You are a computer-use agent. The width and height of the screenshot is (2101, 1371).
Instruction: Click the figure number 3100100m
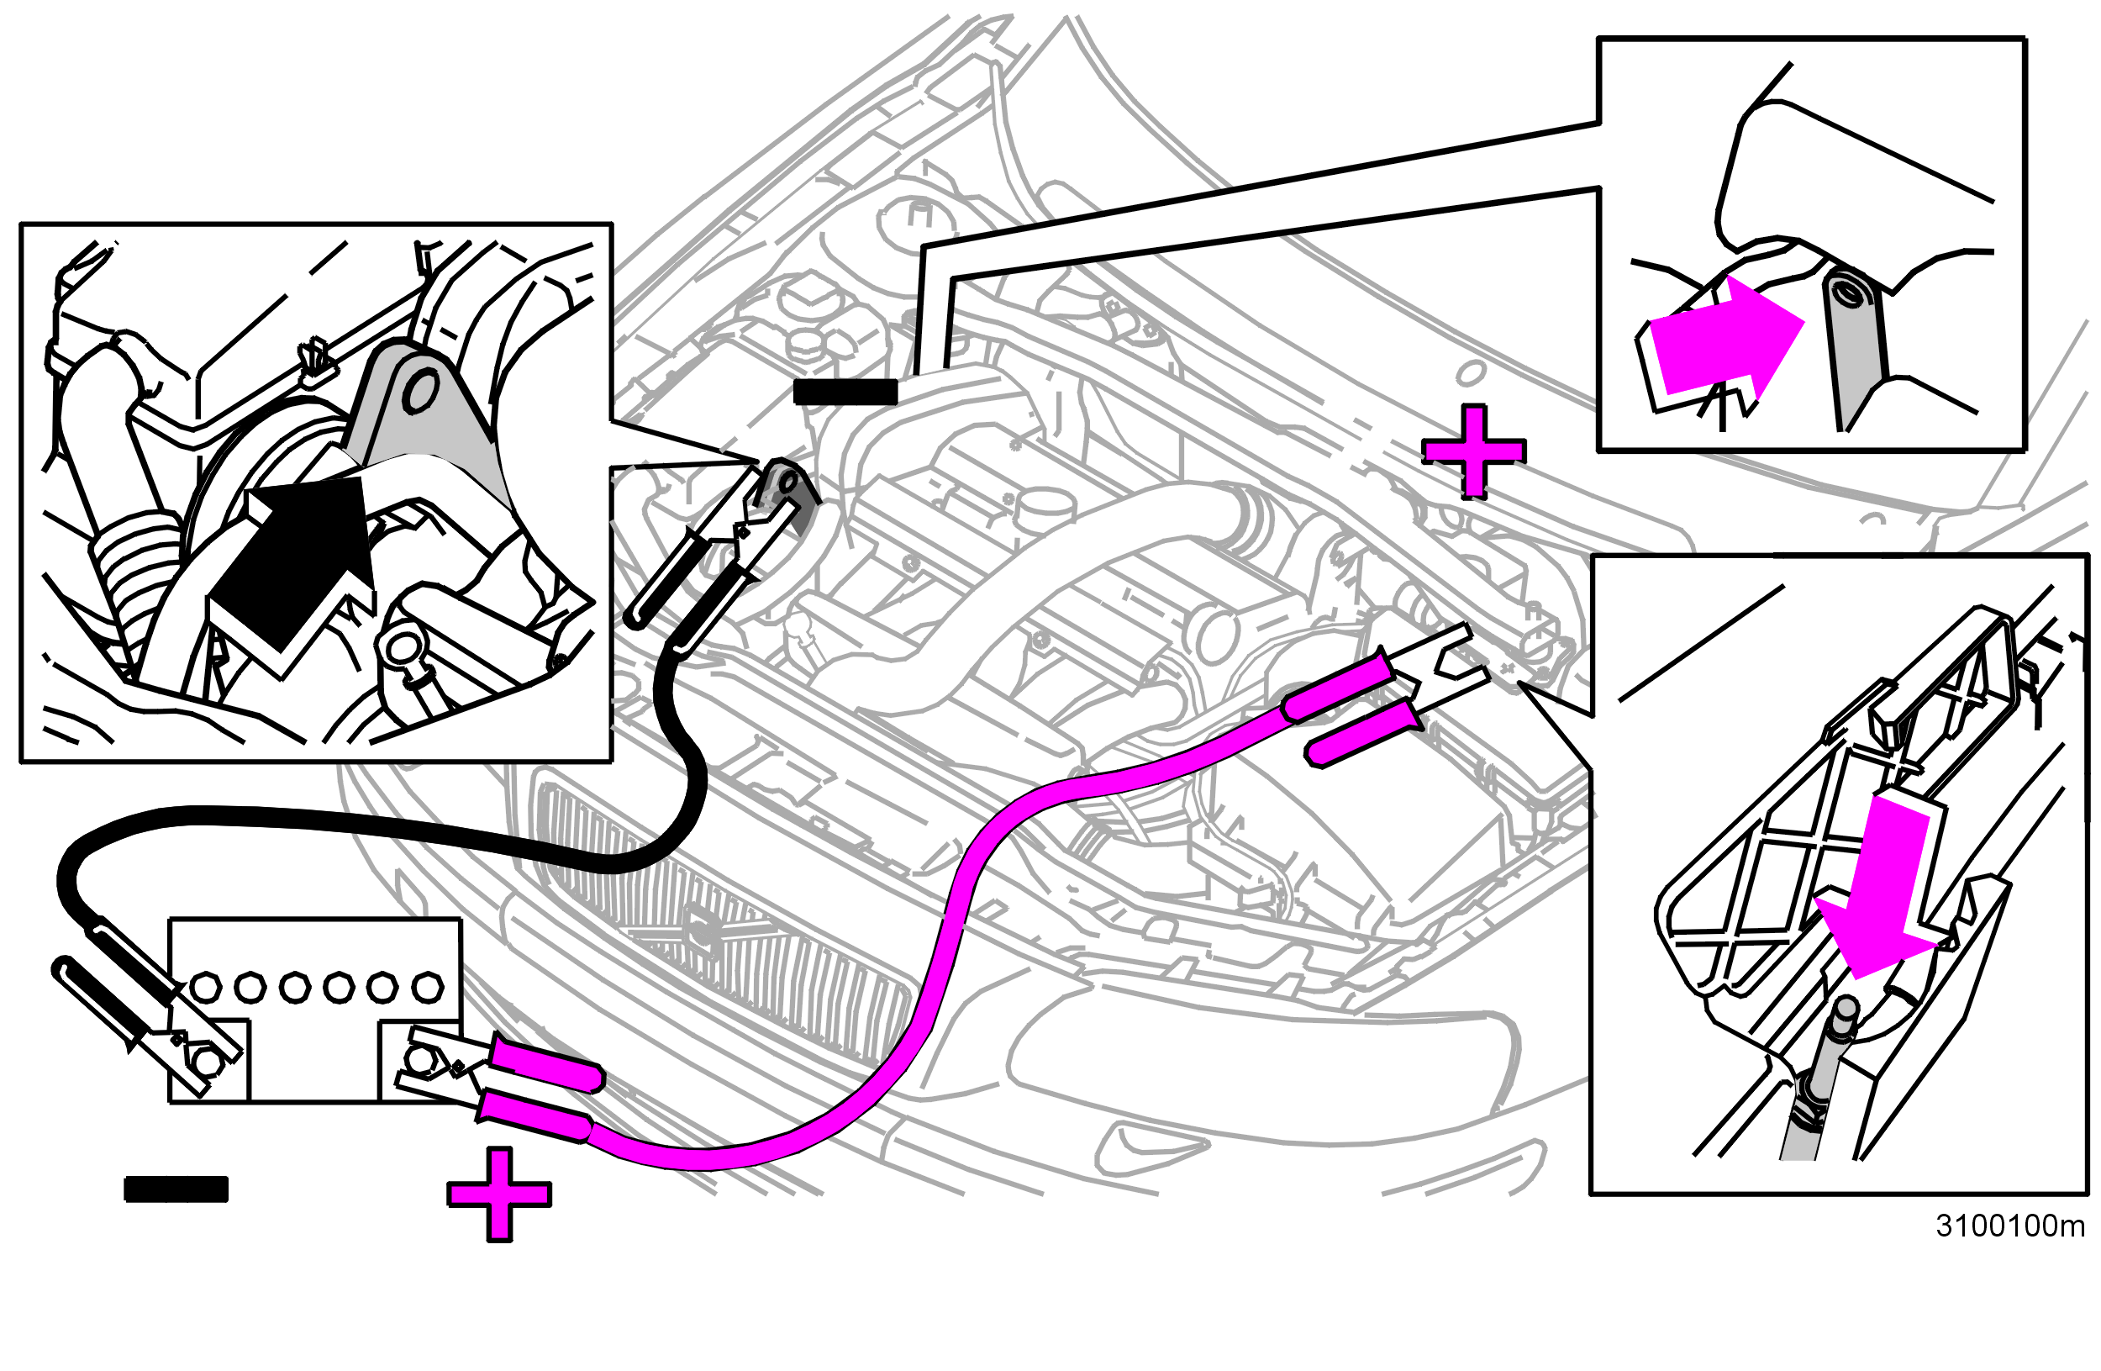tap(2009, 1226)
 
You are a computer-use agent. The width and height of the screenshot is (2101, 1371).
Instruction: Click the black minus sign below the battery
tap(176, 1189)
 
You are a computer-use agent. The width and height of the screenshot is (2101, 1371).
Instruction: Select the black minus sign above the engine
tap(845, 392)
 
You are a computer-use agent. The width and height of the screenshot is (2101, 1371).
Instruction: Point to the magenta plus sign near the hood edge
tap(1473, 452)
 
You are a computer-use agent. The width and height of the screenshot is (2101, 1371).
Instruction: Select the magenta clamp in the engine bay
tap(1386, 693)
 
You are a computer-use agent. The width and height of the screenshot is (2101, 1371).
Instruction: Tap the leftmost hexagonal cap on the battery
tap(206, 987)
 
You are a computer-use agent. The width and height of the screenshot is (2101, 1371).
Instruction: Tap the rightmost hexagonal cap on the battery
tap(428, 986)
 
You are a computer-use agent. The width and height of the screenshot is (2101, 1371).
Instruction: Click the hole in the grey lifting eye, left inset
tap(419, 389)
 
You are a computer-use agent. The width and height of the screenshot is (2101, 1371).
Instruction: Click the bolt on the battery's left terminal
tap(206, 1062)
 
